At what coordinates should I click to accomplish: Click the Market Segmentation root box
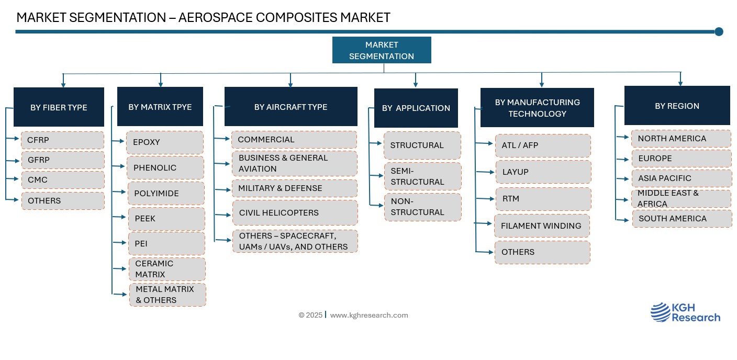point(382,50)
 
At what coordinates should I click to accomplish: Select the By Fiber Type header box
point(59,107)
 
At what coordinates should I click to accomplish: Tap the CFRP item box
point(62,140)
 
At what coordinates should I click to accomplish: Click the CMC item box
point(63,180)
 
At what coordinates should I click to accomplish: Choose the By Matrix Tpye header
point(160,107)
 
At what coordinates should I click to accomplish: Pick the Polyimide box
point(166,193)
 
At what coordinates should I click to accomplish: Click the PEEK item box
point(166,219)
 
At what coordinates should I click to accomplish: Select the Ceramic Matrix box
point(167,269)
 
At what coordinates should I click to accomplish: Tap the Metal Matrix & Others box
point(168,295)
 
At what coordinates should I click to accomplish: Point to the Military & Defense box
point(295,188)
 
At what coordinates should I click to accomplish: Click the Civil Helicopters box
point(295,213)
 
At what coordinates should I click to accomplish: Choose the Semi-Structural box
point(423,176)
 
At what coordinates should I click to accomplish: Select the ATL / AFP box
point(543,145)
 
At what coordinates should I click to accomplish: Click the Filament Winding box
point(542,226)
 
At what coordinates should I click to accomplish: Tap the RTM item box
point(543,199)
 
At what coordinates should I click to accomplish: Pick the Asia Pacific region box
point(682,178)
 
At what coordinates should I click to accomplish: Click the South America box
point(683,219)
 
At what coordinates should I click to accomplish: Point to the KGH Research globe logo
point(661,312)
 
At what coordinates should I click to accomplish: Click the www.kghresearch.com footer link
point(369,315)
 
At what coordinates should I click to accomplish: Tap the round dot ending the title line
point(719,31)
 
